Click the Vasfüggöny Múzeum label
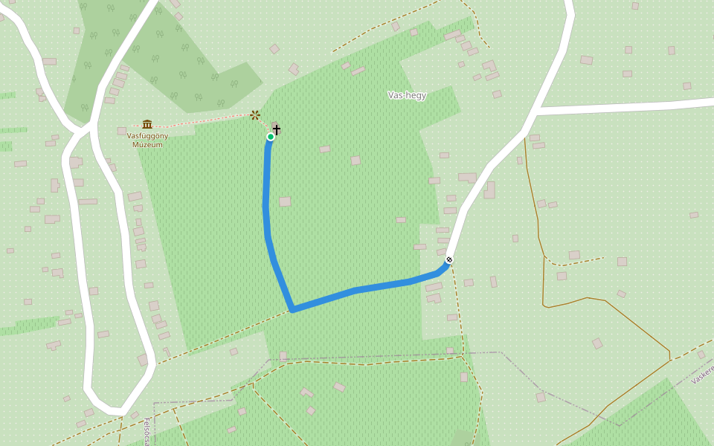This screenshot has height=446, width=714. (147, 140)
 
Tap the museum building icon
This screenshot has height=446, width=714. (147, 124)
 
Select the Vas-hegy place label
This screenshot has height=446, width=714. (407, 95)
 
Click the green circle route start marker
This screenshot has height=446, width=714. (270, 137)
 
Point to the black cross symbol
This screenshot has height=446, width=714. (277, 129)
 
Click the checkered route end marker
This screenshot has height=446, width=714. (448, 259)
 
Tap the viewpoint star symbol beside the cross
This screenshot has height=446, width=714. (255, 114)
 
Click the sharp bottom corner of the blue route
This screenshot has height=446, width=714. (293, 309)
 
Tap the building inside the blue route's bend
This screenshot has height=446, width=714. (285, 201)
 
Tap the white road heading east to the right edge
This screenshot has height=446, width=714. (632, 106)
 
